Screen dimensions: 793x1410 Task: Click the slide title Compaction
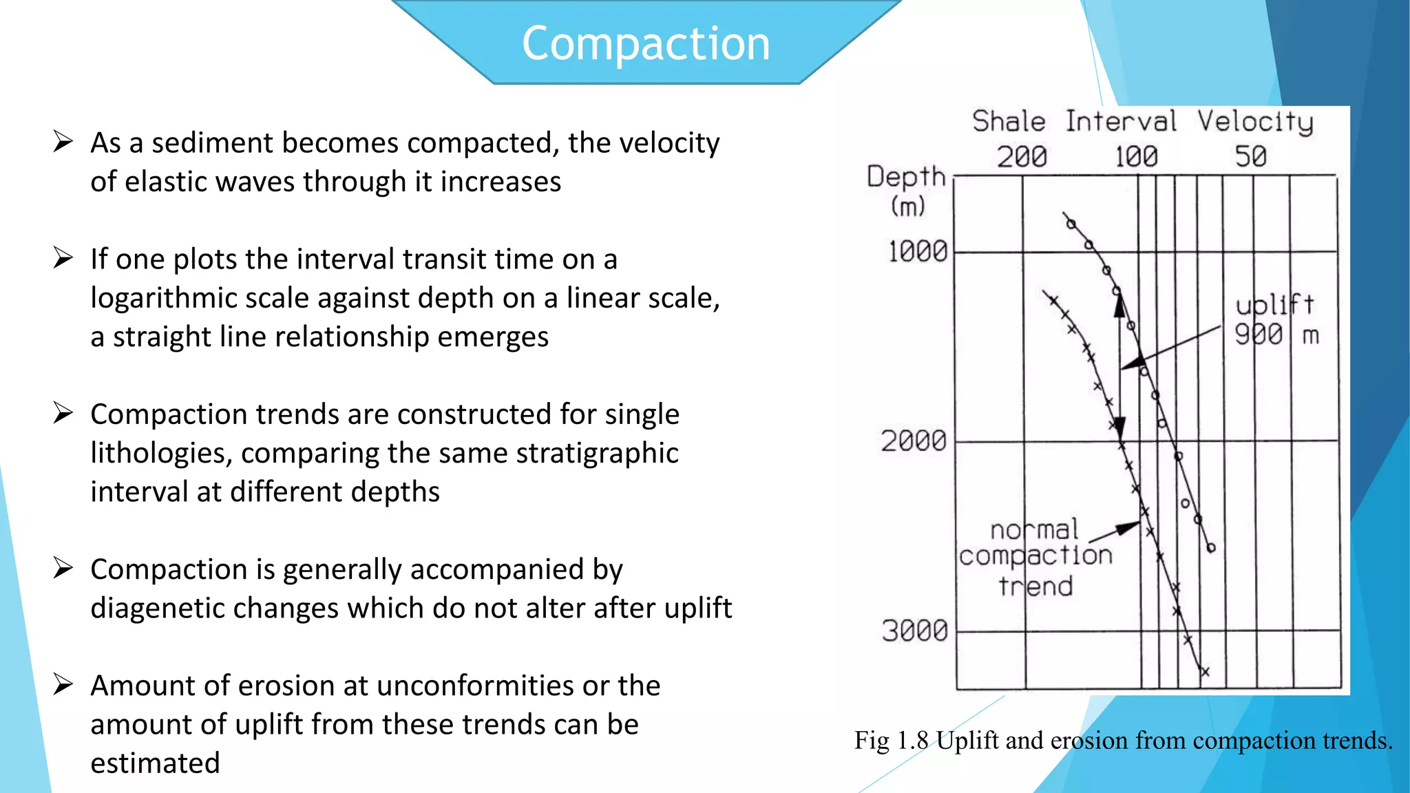645,44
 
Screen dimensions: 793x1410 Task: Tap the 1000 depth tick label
918,252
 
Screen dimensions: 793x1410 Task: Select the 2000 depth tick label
914,441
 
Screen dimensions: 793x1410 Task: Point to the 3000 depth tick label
915,631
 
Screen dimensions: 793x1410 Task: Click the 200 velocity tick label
1022,157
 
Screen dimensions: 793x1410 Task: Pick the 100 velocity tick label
1136,157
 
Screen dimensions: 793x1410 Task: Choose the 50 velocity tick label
1250,157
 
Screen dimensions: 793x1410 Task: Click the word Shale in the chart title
1009,122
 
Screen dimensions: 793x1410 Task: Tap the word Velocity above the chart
1255,122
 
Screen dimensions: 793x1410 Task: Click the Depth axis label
906,177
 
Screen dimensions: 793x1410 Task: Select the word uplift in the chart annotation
1274,304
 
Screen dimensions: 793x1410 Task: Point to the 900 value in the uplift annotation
1259,335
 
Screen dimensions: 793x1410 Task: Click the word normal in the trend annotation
1034,530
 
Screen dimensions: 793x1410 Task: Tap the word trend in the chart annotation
1035,586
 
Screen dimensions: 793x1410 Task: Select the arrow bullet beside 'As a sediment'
63,142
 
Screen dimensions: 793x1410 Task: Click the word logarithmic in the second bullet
181,298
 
